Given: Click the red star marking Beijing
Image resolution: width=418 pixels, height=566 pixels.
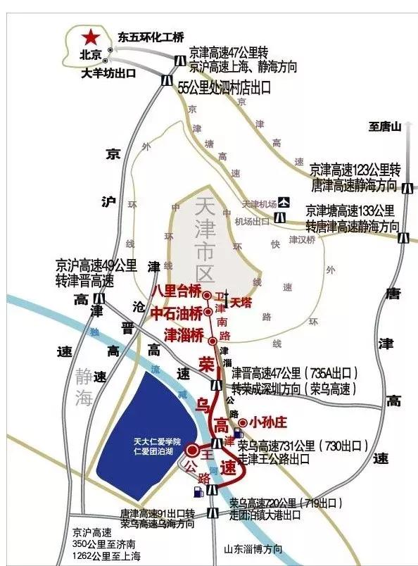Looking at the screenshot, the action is [91, 37].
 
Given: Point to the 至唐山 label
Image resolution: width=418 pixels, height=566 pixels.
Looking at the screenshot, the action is [385, 127].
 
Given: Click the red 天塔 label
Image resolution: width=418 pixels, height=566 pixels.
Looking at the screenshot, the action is [241, 302].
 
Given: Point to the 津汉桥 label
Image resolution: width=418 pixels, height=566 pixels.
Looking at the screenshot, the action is [303, 239].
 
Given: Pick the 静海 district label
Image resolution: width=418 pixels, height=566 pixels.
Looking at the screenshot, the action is [83, 388].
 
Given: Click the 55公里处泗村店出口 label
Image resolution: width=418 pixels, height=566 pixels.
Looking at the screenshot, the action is [224, 87].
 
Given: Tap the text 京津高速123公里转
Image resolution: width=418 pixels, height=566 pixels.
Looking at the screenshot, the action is [355, 171].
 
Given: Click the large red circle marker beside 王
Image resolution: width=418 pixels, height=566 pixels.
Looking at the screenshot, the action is [192, 454].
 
